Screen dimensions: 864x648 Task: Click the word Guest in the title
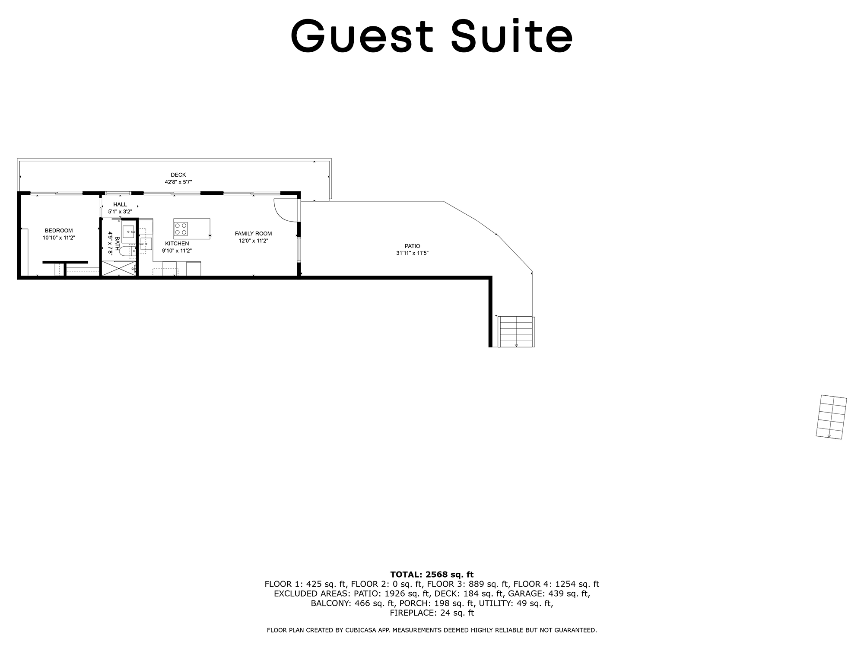click(362, 36)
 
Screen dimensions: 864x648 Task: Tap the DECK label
click(178, 175)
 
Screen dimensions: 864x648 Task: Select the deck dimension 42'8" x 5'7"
click(178, 182)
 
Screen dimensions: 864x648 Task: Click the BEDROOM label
click(59, 231)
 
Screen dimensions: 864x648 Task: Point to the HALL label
click(120, 204)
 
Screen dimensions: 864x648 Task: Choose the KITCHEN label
click(177, 244)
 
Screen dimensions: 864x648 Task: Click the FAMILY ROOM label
click(254, 234)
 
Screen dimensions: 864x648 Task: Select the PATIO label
click(413, 246)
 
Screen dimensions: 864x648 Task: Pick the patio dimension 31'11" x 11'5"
click(413, 254)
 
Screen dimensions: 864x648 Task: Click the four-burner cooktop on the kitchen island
click(181, 229)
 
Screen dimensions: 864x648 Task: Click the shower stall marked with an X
click(119, 268)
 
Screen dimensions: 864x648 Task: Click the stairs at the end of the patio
click(516, 332)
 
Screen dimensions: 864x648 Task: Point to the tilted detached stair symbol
click(832, 417)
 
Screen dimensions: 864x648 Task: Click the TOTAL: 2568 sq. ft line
click(432, 575)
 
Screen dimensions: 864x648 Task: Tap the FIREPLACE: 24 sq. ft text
click(432, 613)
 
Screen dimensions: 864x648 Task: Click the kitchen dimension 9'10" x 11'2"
click(177, 251)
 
